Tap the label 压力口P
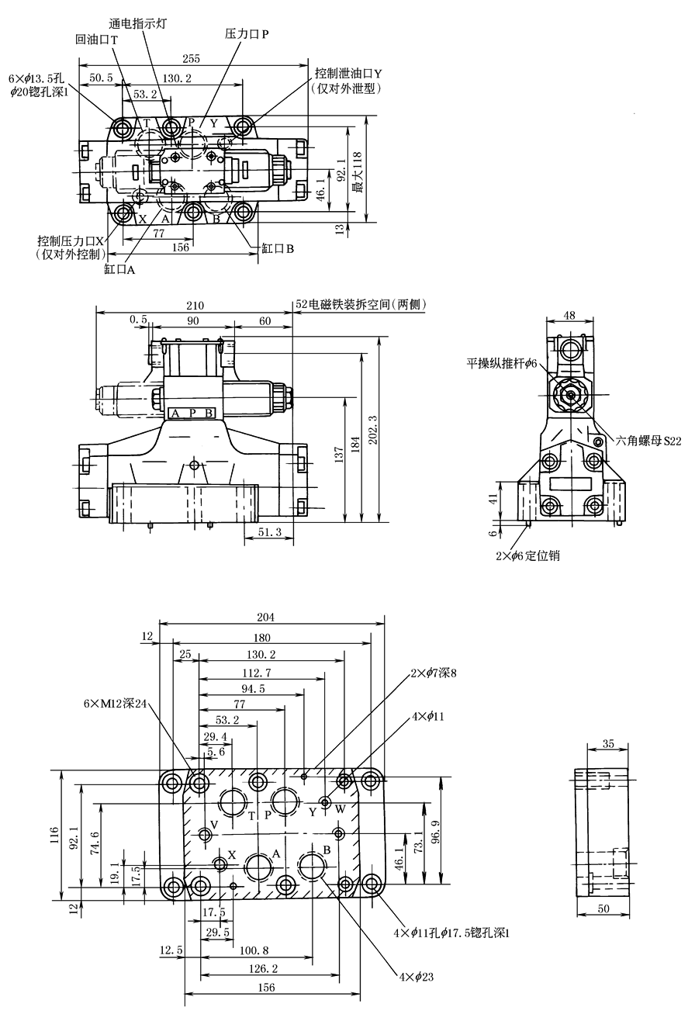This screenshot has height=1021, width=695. tap(247, 34)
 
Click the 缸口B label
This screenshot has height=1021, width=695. tap(278, 248)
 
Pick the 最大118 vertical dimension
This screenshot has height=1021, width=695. tap(358, 171)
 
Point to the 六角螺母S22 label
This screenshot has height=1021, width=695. tap(648, 441)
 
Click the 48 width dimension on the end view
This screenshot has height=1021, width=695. tap(569, 315)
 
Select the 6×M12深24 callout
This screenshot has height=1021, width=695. tap(116, 703)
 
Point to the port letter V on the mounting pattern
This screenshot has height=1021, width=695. tap(214, 823)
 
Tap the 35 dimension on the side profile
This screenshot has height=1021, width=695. tap(607, 744)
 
